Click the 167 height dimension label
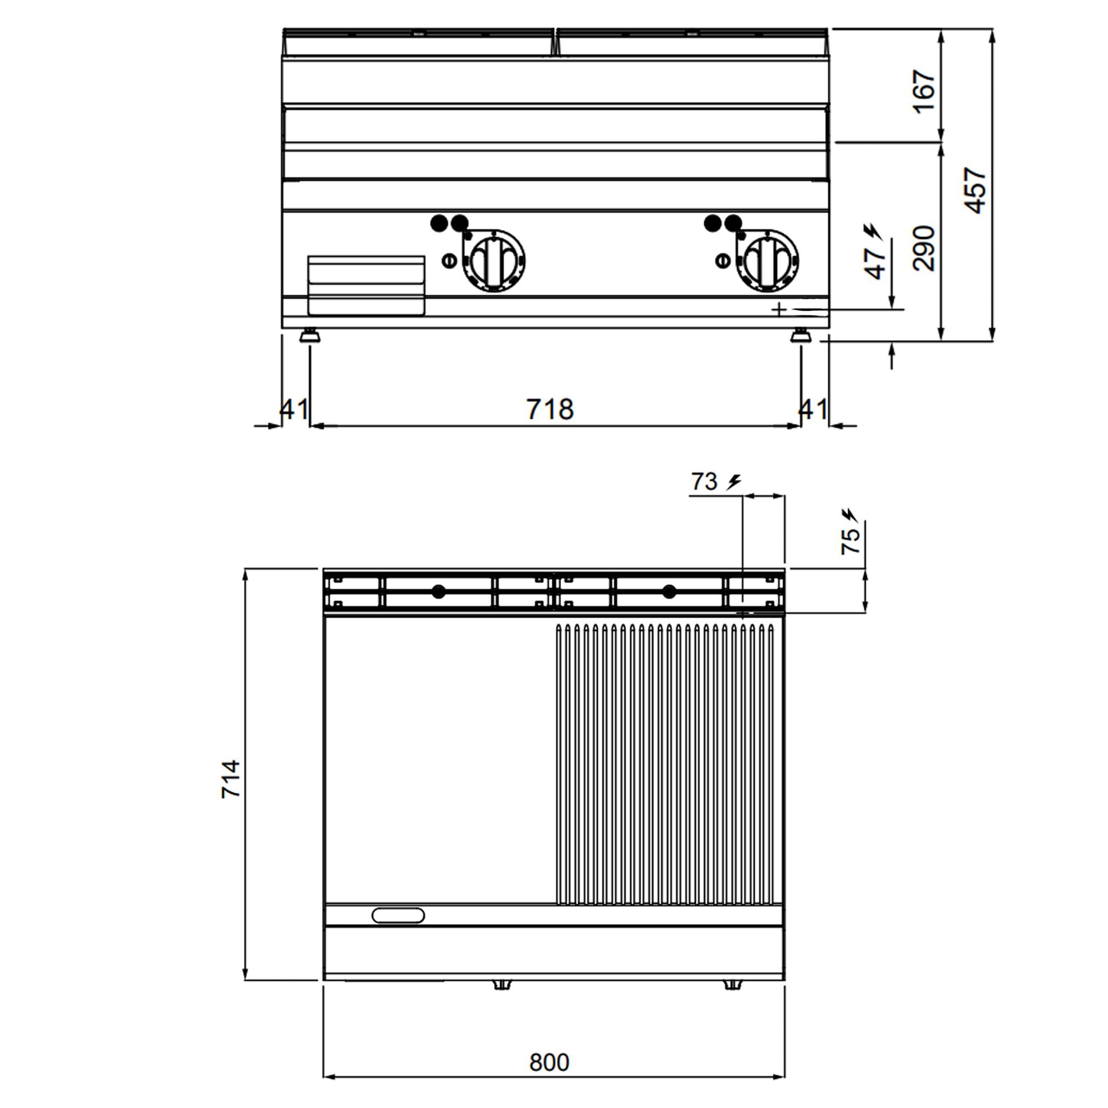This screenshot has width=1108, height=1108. (x=924, y=92)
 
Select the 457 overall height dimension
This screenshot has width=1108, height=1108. (x=974, y=191)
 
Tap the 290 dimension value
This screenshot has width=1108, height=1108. (x=924, y=248)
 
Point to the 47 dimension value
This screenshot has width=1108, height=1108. (x=876, y=264)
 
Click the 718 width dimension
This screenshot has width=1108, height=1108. (x=550, y=409)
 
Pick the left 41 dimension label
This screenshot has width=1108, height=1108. (x=294, y=409)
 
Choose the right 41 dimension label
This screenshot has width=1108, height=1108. (x=813, y=409)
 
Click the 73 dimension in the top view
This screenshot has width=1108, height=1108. (x=704, y=482)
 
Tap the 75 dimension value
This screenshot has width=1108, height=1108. (x=850, y=540)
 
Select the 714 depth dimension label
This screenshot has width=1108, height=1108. (x=231, y=779)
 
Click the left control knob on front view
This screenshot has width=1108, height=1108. (x=494, y=261)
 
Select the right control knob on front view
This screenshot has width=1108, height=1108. (x=767, y=261)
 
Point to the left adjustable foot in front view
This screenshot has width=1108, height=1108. (x=310, y=336)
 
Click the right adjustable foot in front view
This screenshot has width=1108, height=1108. (x=801, y=336)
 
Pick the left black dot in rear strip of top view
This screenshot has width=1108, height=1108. (x=438, y=591)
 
